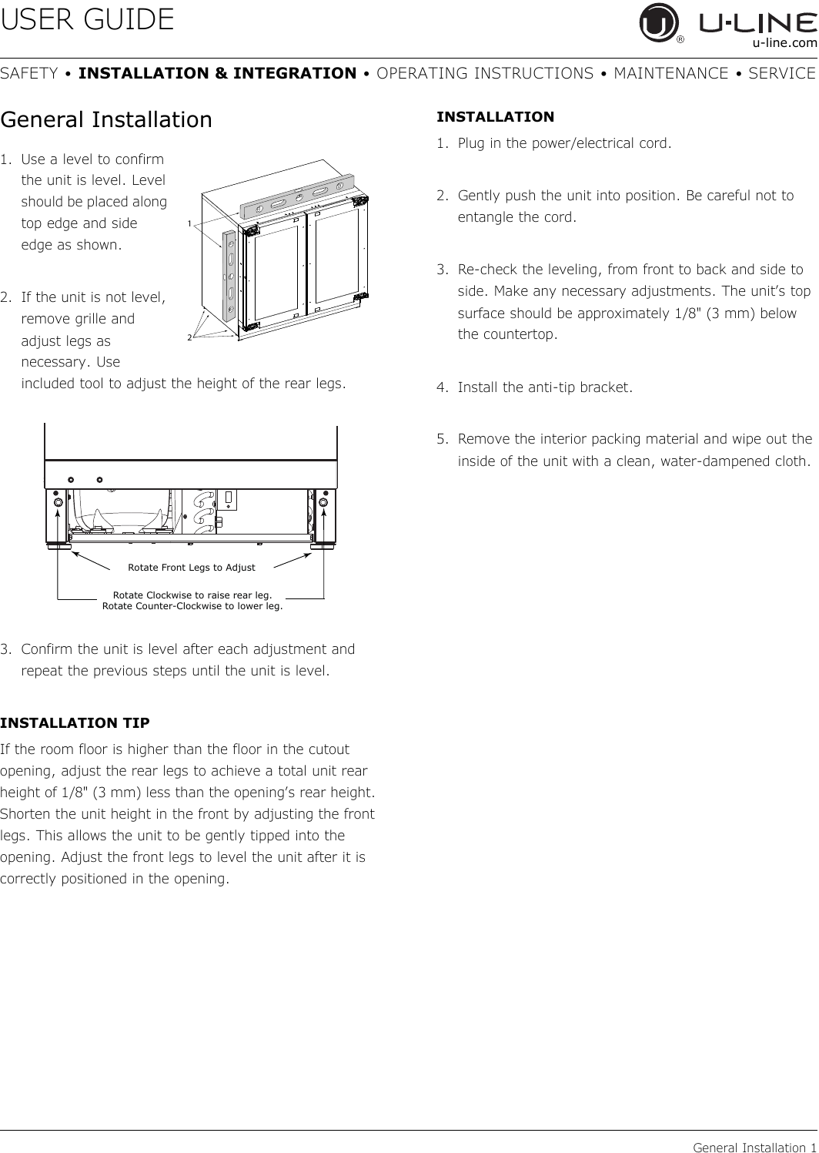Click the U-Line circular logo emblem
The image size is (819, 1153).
tap(658, 22)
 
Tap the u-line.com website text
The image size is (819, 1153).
tap(784, 43)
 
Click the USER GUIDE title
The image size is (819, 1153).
tap(87, 19)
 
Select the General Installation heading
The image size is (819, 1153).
tap(106, 119)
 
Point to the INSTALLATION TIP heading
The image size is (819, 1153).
tap(75, 722)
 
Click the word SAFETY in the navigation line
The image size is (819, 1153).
tap(28, 73)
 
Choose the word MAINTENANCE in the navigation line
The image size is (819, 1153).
tap(671, 73)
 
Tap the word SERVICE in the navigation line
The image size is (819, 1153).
tap(782, 73)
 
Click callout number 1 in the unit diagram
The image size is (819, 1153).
tap(189, 223)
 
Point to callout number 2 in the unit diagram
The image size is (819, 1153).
tap(189, 337)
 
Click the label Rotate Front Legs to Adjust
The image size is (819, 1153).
tap(192, 567)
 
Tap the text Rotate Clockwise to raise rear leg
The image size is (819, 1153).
tap(192, 595)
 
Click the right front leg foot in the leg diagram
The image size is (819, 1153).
tap(324, 546)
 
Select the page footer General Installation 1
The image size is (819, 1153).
tap(754, 1147)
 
